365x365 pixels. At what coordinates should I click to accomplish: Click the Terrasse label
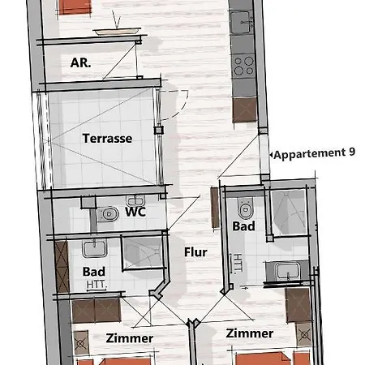(x=107, y=139)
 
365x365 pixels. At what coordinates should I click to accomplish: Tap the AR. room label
(x=79, y=63)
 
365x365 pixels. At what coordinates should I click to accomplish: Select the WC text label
(x=135, y=213)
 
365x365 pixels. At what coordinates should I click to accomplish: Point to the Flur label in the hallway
(x=195, y=252)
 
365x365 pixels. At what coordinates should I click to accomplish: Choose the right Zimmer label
(x=250, y=333)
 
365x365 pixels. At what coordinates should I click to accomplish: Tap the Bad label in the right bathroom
(x=243, y=226)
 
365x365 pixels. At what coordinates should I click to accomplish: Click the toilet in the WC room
(x=107, y=214)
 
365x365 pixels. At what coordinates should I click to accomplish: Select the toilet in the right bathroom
(x=242, y=208)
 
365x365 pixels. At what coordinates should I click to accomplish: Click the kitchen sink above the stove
(x=241, y=25)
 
